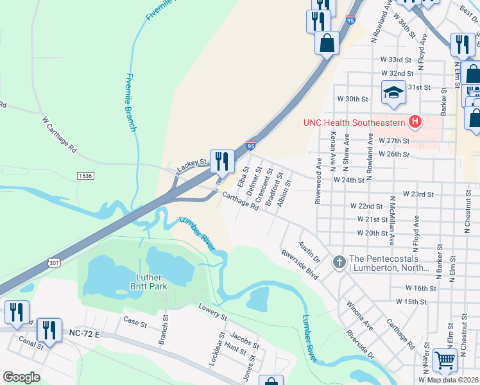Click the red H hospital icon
416,121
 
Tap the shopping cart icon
444,361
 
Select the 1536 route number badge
84,175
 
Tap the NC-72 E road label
83,334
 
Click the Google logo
21,377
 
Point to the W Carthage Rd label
60,134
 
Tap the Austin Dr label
309,252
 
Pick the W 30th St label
353,99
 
